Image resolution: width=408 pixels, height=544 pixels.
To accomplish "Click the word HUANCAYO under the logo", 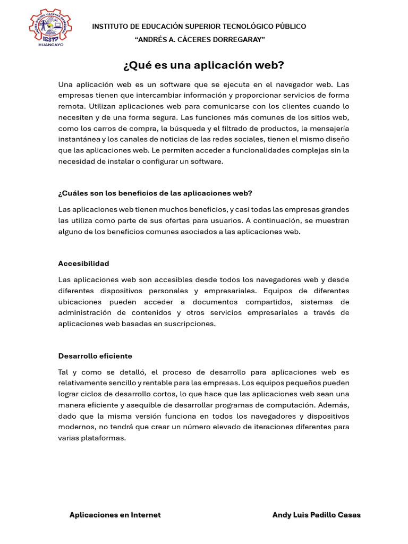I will [x=51, y=45].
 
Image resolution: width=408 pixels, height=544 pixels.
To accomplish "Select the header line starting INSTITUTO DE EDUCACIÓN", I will [x=199, y=27].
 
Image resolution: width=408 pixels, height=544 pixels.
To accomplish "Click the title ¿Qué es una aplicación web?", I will [x=203, y=65].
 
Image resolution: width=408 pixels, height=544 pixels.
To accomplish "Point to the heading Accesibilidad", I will [x=84, y=263].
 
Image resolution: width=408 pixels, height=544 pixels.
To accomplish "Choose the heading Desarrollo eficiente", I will [x=95, y=356].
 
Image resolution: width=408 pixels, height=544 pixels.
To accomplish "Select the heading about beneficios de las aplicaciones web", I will [x=155, y=193].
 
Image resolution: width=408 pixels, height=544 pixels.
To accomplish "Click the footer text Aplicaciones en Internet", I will [x=115, y=515].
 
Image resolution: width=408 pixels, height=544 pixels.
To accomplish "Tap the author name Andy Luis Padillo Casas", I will [x=316, y=515].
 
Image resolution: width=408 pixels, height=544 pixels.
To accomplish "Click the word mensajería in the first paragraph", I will [x=329, y=129].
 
